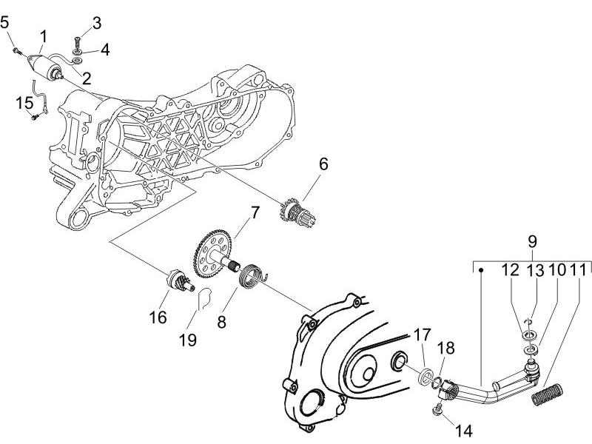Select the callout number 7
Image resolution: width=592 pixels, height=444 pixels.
click(254, 212)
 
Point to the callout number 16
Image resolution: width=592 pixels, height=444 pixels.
click(158, 317)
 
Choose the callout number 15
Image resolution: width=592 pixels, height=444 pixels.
click(24, 103)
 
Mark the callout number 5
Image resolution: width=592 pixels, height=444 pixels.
click(6, 23)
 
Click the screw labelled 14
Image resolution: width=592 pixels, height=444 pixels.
click(437, 408)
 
